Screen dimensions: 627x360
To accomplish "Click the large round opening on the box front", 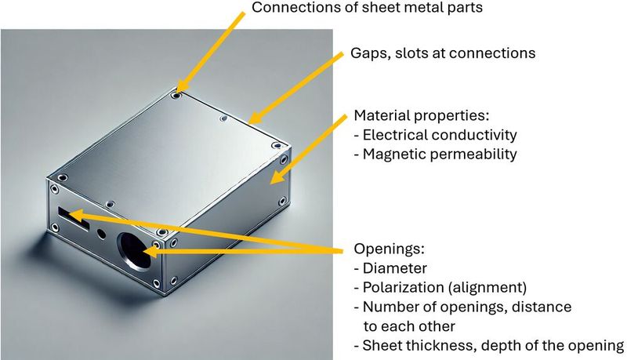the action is [x=135, y=251].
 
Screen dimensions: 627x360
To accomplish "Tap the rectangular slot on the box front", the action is [x=74, y=218].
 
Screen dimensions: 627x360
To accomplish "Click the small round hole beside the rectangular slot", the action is [x=102, y=233].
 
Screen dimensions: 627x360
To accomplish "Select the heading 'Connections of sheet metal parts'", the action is [x=367, y=7].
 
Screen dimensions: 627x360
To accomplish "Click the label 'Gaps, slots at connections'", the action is [x=443, y=53].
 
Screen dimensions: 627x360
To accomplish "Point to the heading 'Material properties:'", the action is [x=422, y=115].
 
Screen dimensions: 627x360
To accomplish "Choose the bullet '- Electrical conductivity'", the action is [x=436, y=135].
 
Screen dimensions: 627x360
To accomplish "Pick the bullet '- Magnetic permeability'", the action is [x=436, y=154].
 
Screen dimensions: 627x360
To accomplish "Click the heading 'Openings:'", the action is [x=389, y=249].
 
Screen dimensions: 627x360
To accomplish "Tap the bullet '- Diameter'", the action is [x=390, y=268].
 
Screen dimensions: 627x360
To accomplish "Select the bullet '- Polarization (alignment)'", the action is [x=440, y=287].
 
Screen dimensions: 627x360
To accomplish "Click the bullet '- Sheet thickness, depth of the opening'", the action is [x=489, y=345].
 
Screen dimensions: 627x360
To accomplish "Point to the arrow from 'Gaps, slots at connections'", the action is [x=295, y=88].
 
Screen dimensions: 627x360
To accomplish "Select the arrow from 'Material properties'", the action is [x=308, y=150].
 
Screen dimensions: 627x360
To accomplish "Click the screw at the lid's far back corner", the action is [x=176, y=96].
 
